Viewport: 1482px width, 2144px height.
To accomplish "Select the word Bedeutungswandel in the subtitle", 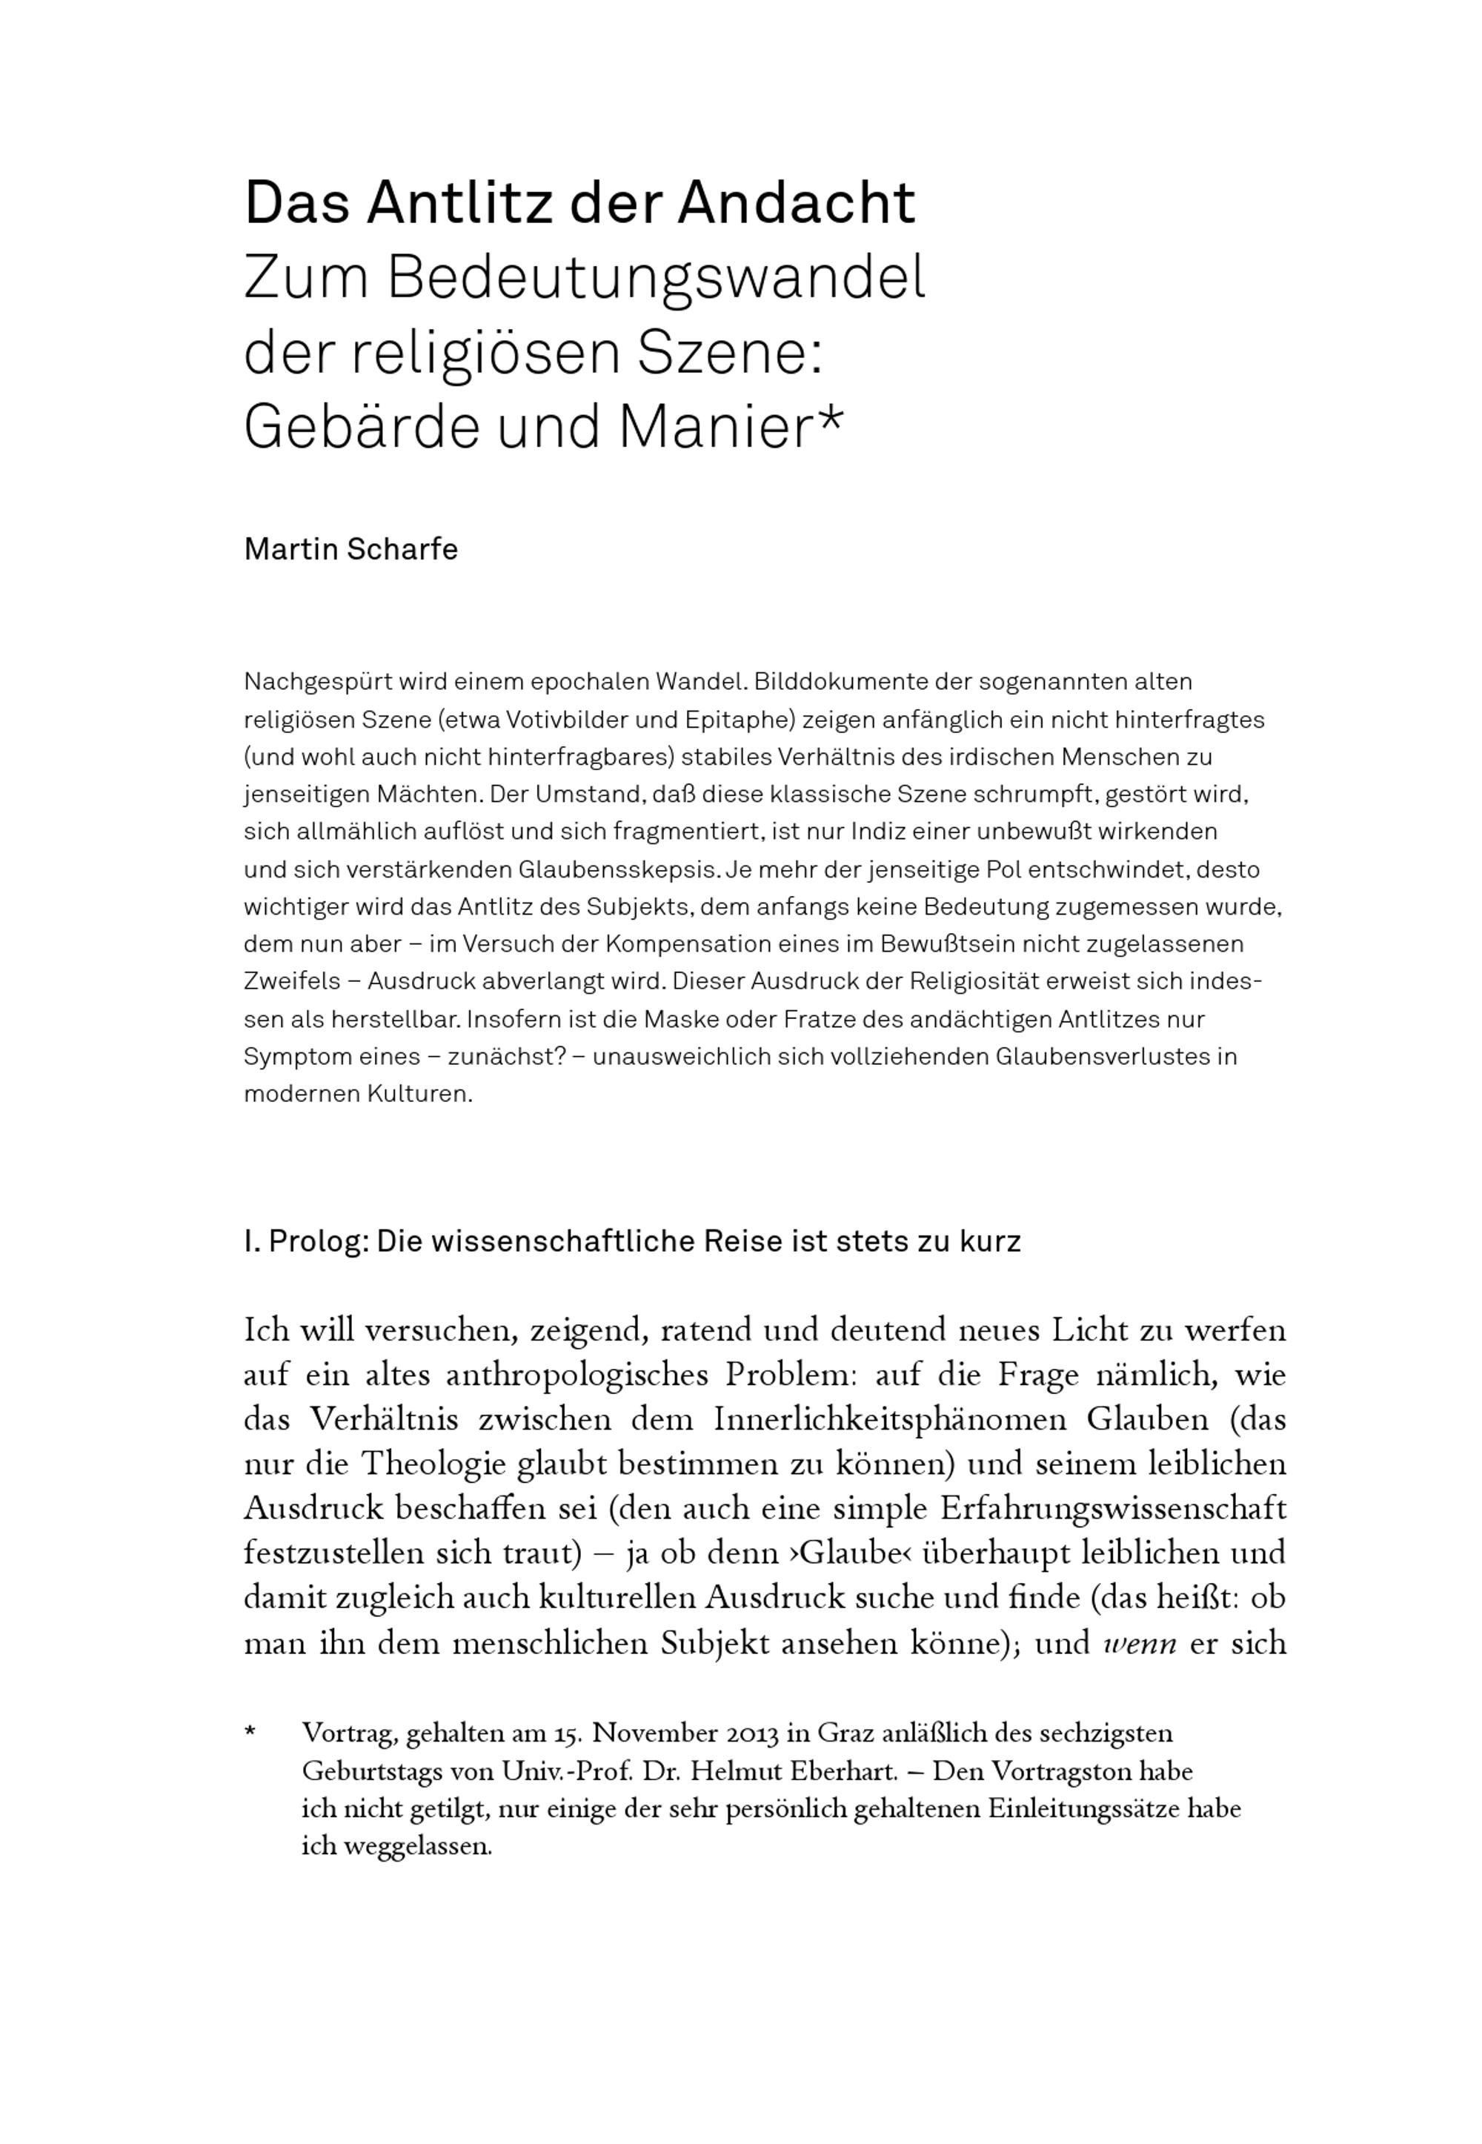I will [x=657, y=278].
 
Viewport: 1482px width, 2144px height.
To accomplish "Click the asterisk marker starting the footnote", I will [x=250, y=1734].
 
